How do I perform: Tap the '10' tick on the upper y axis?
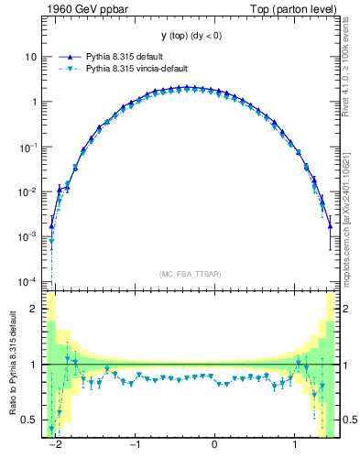point(30,57)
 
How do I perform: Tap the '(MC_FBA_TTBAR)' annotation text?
point(189,274)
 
